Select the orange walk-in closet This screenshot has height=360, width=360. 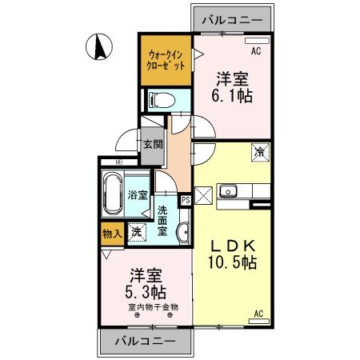pos(166,59)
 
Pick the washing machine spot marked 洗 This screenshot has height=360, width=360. pos(135,232)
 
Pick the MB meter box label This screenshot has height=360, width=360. pos(118,163)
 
